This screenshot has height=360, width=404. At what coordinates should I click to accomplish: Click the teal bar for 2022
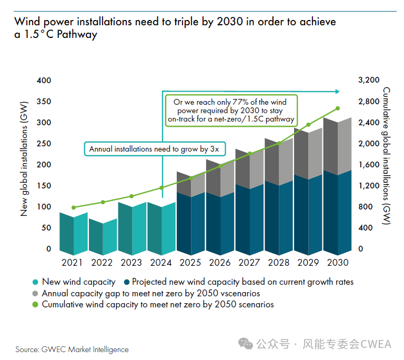pos(103,236)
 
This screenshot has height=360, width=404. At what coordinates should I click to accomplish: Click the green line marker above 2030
pos(338,108)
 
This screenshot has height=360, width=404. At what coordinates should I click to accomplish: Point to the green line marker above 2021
pos(74,207)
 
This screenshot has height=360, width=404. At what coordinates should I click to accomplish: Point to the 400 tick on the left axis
pos(44,81)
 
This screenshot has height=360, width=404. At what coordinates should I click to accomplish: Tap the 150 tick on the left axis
pos(44,186)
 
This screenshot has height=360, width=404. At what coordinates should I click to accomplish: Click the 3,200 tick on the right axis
pos(368,81)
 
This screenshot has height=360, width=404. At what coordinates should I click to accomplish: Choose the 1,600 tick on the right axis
pos(368,165)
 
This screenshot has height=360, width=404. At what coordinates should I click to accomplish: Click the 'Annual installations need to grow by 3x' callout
pos(154,149)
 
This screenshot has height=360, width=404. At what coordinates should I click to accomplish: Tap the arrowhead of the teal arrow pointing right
pos(338,91)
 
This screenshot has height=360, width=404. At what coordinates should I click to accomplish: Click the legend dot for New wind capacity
pos(35,282)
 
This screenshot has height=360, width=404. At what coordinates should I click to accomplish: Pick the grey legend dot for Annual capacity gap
pos(35,294)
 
